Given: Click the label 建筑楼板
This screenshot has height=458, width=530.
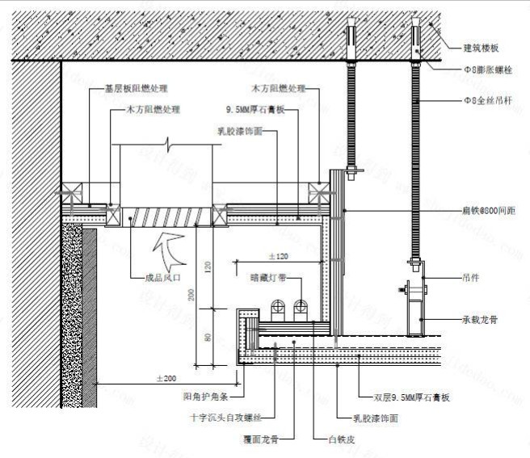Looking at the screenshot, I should pos(481,48).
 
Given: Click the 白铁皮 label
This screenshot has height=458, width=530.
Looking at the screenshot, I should pos(339,439).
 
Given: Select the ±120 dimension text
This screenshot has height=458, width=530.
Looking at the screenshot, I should pos(276,256).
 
